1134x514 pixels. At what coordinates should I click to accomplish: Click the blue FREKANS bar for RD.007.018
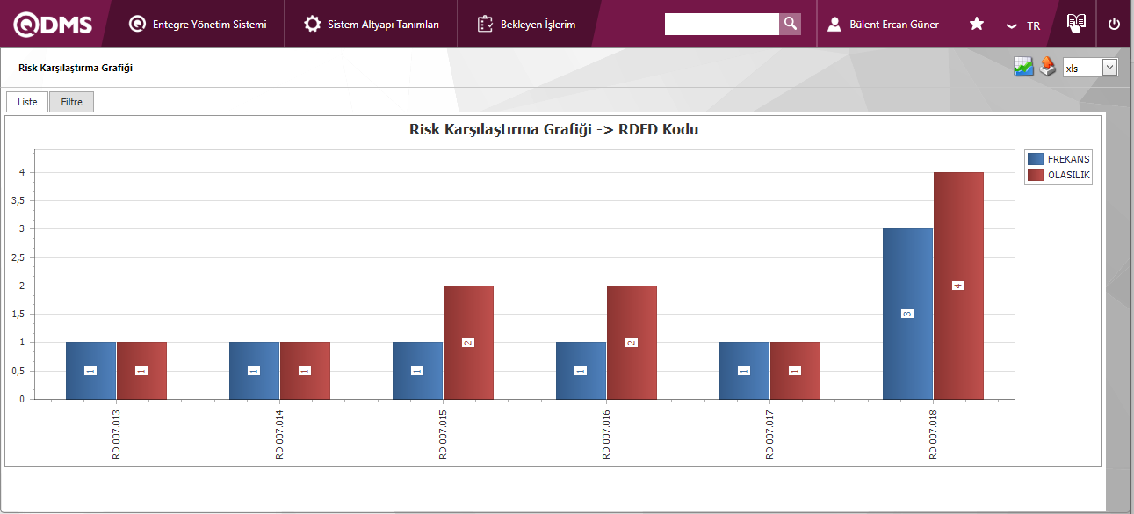coord(907,314)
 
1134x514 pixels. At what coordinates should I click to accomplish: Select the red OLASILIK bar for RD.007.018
coord(958,286)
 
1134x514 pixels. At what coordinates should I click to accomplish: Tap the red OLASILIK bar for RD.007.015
coord(468,342)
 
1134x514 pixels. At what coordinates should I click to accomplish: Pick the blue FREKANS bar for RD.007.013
coord(90,370)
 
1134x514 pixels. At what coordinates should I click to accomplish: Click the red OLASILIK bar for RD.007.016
coord(632,342)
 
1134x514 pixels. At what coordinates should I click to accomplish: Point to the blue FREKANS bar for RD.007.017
coord(744,370)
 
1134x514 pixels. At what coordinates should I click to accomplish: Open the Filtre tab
coord(71,102)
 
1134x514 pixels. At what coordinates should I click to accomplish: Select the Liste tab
coord(27,102)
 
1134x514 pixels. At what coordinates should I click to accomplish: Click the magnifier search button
coord(790,24)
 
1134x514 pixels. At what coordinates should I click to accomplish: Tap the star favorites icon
coord(976,24)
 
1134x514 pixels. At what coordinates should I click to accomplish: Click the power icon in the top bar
coord(1114,24)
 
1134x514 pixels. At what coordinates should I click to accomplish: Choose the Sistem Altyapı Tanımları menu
coord(372,24)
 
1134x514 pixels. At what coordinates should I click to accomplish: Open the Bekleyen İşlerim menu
coord(527,24)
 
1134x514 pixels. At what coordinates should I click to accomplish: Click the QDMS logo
coord(53,24)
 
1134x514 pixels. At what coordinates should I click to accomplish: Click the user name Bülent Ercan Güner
coord(893,25)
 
